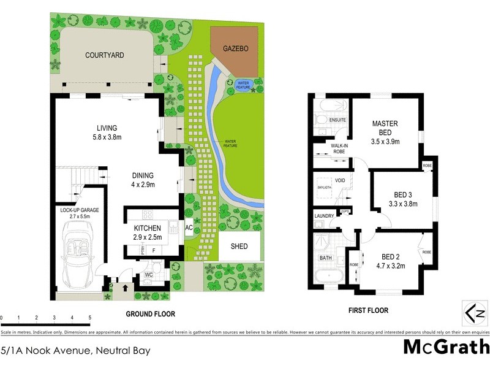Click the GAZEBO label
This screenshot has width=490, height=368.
(235, 48)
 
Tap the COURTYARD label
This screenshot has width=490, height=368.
(104, 55)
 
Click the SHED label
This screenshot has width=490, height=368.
(239, 247)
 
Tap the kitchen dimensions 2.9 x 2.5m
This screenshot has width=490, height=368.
(147, 236)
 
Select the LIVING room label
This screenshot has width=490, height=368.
(102, 128)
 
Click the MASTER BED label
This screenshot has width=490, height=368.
(385, 128)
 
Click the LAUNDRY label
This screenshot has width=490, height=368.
(323, 216)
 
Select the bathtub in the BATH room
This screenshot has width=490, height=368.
(326, 277)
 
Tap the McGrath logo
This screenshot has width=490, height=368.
(446, 347)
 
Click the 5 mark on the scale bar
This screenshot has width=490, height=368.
(89, 318)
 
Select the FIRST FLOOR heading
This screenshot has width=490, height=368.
(367, 311)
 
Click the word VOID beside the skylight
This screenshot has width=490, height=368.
(341, 180)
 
